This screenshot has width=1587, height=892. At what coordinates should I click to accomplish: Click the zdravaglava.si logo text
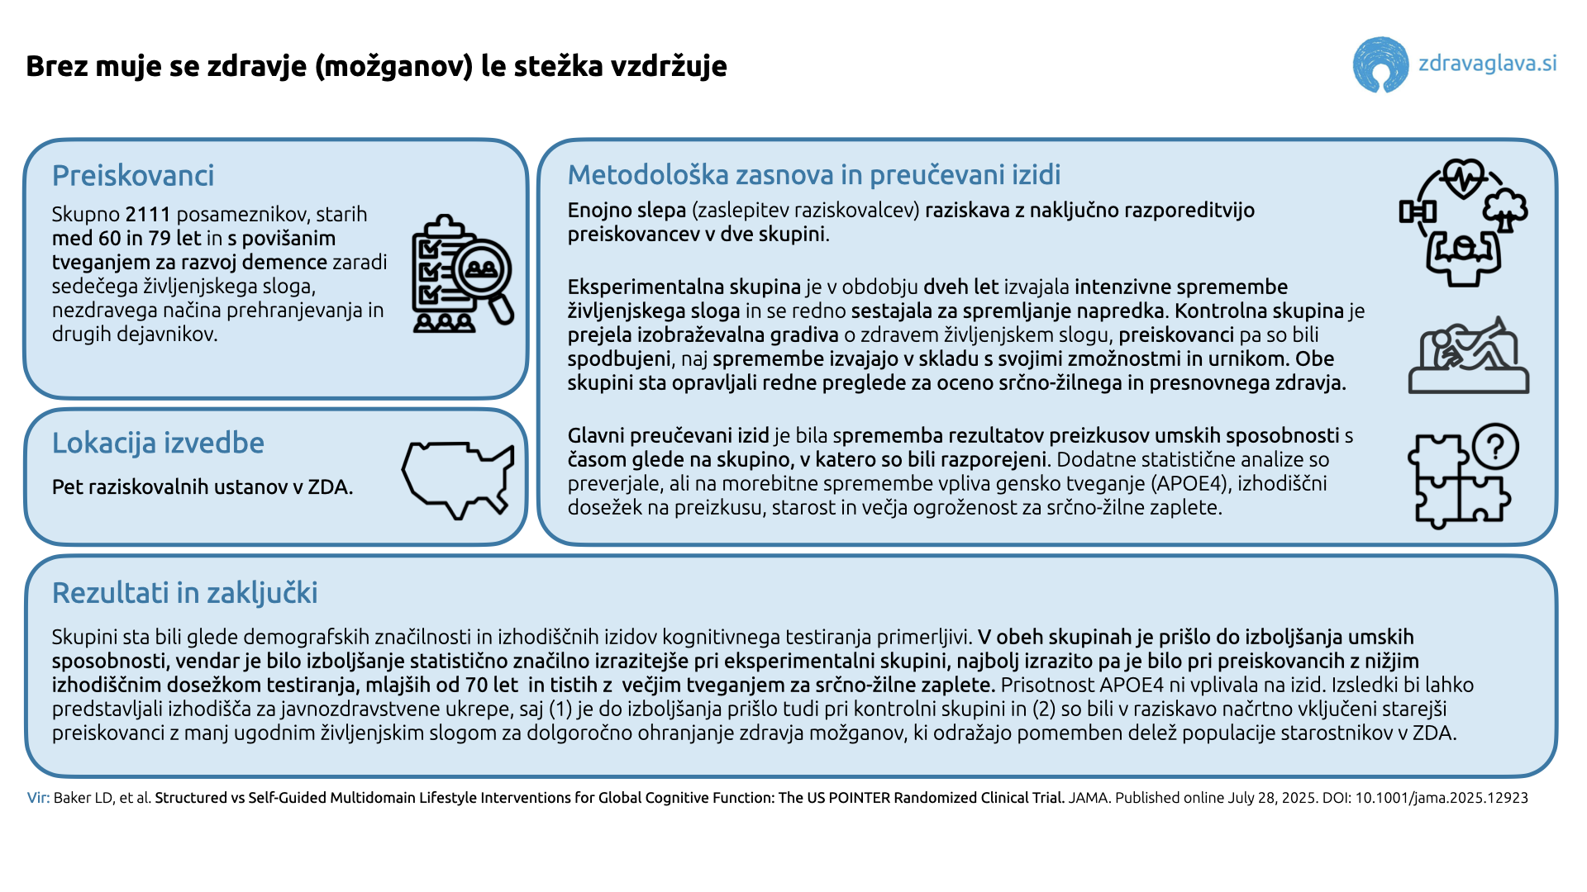[1487, 64]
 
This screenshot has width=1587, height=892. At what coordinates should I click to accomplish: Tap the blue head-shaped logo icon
[1380, 64]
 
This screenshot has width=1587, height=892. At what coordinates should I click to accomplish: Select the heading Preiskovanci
[133, 176]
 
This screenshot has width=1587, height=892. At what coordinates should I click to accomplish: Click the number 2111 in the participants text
[147, 215]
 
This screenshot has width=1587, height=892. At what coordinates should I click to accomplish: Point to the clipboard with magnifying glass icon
[461, 273]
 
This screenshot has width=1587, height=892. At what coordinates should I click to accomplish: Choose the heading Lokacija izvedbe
[158, 444]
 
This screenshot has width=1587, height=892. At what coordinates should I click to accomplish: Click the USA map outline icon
[457, 478]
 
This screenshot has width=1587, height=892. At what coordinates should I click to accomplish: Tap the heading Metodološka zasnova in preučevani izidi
[813, 175]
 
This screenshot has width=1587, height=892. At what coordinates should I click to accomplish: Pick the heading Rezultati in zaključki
[184, 593]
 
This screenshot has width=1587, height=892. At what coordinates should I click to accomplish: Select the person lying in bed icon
[1469, 357]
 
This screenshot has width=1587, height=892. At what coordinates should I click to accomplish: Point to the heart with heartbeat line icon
[1462, 178]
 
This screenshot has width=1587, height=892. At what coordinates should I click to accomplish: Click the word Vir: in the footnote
[38, 798]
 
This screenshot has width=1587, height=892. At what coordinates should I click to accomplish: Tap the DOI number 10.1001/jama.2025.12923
[1441, 798]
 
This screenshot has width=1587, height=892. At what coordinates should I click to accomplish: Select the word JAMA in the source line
[1089, 798]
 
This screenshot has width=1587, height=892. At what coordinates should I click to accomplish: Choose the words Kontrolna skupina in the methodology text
[1259, 311]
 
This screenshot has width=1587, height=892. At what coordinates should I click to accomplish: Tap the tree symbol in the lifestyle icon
[1505, 210]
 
